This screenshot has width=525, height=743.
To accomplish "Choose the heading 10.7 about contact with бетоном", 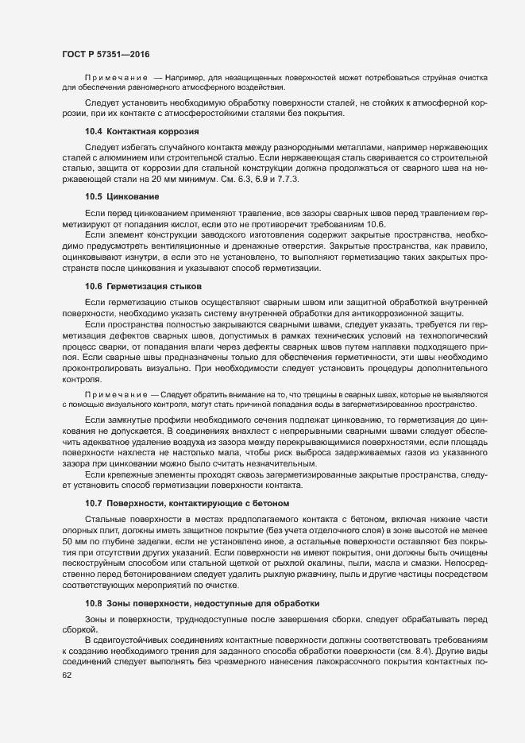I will (x=187, y=504).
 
